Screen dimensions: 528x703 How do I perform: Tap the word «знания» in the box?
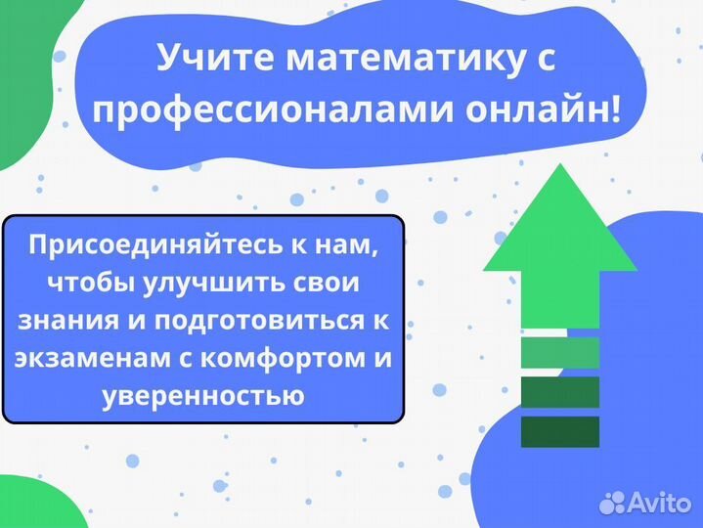[x=62, y=321]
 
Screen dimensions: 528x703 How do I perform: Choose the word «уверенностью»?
[x=202, y=396]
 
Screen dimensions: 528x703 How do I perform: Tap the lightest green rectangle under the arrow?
[x=559, y=352]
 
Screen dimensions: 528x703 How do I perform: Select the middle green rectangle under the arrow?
[x=559, y=392]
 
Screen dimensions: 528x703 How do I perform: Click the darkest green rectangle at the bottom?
[x=559, y=431]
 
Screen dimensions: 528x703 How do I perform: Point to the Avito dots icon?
[x=613, y=503]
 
